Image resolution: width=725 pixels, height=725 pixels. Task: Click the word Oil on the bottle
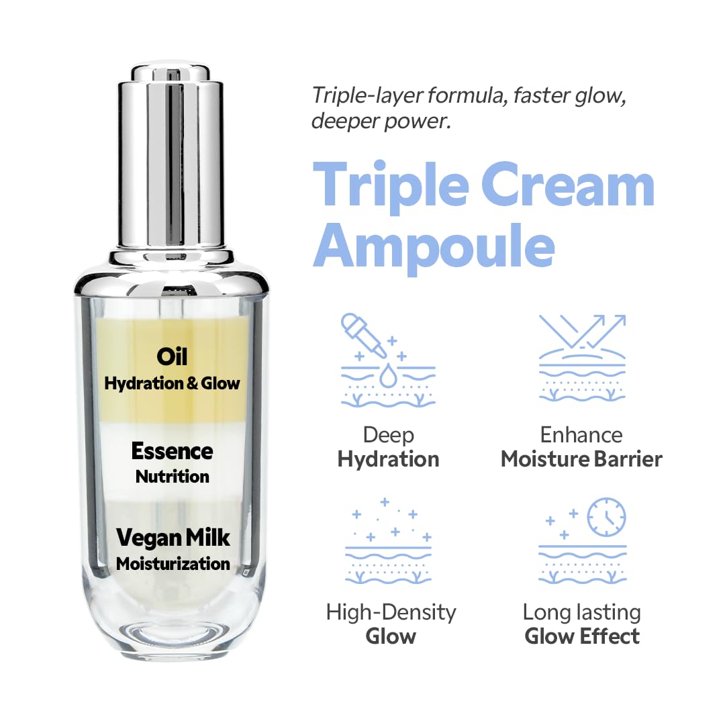tap(172, 356)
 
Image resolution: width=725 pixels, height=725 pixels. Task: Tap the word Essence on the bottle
tap(172, 451)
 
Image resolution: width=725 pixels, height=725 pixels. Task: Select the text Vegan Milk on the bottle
tap(173, 538)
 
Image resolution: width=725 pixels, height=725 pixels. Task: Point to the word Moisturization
tap(173, 563)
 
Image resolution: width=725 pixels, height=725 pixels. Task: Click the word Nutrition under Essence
tap(173, 477)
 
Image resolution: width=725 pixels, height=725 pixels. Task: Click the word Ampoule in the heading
tap(434, 246)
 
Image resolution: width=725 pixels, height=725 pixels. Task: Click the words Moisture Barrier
tap(581, 459)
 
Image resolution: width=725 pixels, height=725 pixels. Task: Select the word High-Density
tap(391, 612)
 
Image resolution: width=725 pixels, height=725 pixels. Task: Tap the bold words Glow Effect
tap(582, 636)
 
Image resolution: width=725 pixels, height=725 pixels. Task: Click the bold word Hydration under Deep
tap(388, 459)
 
